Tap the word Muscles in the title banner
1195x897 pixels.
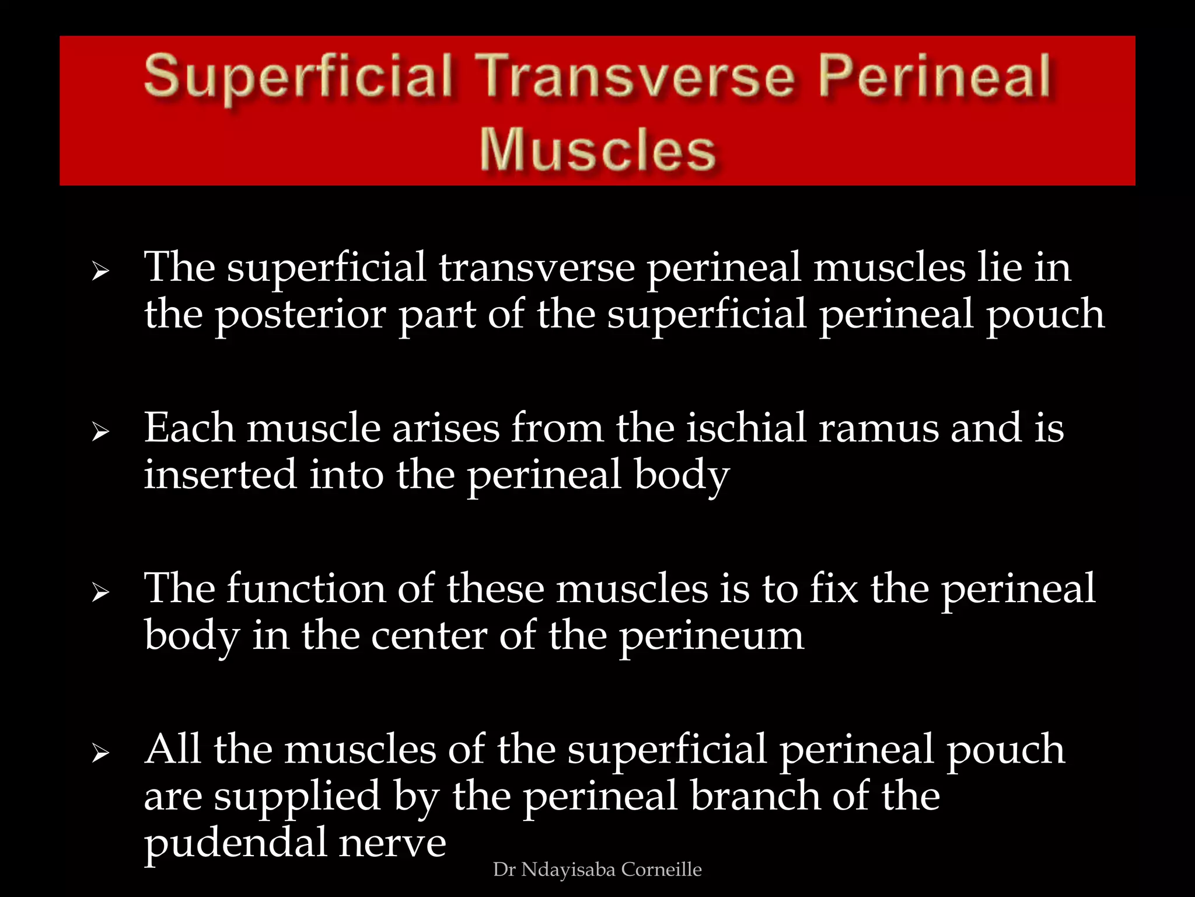[x=597, y=150]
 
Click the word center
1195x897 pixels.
[x=429, y=635]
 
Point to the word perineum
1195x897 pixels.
[x=711, y=637]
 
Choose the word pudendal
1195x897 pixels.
[x=236, y=843]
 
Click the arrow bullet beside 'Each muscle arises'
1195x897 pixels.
[x=100, y=432]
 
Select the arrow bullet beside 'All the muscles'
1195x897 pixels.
[x=100, y=754]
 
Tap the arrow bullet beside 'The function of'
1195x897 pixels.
[x=100, y=593]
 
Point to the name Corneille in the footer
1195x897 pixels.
[x=661, y=870]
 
